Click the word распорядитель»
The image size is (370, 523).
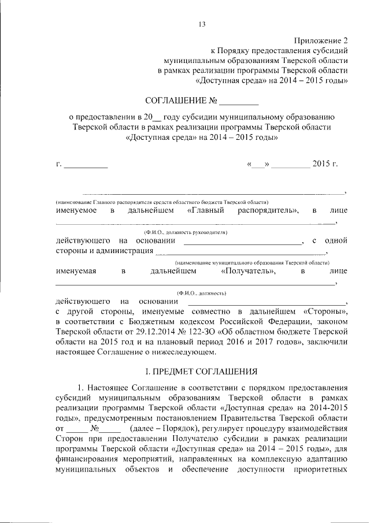point(268,211)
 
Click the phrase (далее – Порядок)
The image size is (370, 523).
point(159,428)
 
